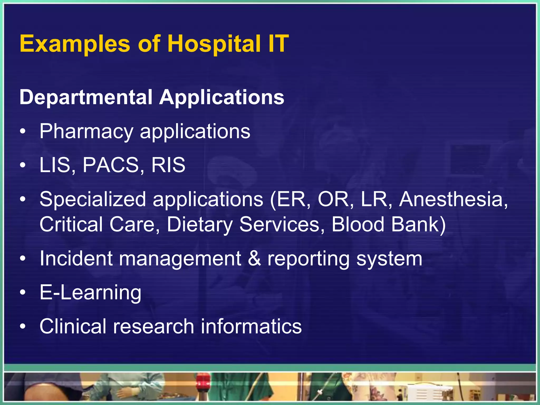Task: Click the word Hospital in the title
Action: point(214,44)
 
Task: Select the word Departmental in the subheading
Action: point(86,97)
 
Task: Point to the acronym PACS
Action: point(110,165)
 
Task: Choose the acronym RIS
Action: point(168,165)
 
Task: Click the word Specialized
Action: point(93,199)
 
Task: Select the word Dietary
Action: point(200,224)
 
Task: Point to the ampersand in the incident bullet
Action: point(254,259)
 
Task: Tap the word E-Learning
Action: point(90,292)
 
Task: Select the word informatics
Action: point(251,326)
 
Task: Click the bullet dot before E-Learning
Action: point(23,293)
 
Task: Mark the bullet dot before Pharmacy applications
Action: point(23,132)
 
